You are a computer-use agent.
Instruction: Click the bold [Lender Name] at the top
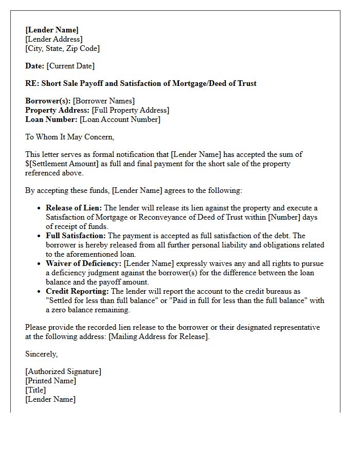click(x=51, y=30)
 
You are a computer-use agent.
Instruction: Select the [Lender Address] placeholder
click(x=53, y=39)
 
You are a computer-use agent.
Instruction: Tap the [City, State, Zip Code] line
click(x=62, y=48)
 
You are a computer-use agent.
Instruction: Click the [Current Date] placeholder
click(x=70, y=66)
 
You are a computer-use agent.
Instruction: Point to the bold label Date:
click(x=35, y=66)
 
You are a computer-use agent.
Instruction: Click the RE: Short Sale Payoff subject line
click(x=140, y=83)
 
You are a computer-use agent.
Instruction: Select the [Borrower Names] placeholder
click(x=103, y=101)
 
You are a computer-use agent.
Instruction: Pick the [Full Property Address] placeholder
click(x=130, y=110)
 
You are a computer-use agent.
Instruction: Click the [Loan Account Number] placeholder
click(x=120, y=119)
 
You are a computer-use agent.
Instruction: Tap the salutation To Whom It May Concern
click(x=69, y=137)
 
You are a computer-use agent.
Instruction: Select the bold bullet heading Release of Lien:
click(x=74, y=208)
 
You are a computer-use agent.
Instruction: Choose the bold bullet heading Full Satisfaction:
click(x=76, y=236)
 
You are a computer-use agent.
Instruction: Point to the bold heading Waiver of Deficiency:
click(x=84, y=263)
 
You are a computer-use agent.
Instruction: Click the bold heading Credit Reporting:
click(x=77, y=291)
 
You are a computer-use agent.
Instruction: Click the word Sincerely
click(x=42, y=354)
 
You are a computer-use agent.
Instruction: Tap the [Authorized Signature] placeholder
click(x=63, y=371)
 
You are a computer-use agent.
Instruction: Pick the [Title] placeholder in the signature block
click(x=35, y=390)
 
